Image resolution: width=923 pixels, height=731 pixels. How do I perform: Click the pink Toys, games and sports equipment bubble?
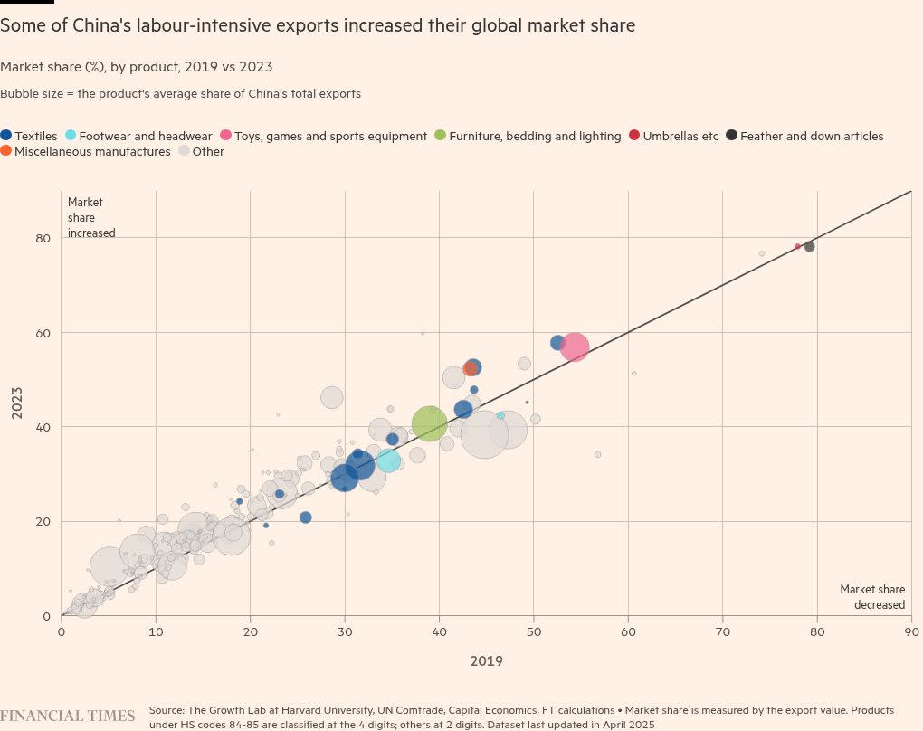(x=574, y=347)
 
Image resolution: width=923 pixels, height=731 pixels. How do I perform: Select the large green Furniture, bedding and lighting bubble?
(x=430, y=422)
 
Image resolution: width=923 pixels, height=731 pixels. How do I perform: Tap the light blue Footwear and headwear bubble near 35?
(x=389, y=460)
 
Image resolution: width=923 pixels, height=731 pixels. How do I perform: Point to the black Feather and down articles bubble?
(x=809, y=247)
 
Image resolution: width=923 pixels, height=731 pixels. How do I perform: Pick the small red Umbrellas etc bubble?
(x=797, y=246)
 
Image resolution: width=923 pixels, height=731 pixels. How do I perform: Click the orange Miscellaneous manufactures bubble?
(x=470, y=368)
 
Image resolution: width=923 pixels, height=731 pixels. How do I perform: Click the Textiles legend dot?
(x=7, y=136)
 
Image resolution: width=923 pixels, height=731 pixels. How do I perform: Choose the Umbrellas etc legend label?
(x=680, y=136)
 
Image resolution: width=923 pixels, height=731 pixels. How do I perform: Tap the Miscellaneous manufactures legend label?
(x=92, y=151)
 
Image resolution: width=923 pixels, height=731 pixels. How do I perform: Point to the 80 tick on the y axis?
(x=42, y=238)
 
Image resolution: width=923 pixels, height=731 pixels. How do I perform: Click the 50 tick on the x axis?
(x=534, y=631)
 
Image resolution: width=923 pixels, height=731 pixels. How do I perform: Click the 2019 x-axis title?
(x=486, y=660)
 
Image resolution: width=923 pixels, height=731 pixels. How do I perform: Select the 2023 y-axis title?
(x=16, y=403)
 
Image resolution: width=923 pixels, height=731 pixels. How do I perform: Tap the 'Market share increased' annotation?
(x=91, y=217)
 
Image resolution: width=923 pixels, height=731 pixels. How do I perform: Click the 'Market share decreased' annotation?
(x=872, y=597)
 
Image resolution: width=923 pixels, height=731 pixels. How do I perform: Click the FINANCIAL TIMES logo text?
(x=67, y=716)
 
